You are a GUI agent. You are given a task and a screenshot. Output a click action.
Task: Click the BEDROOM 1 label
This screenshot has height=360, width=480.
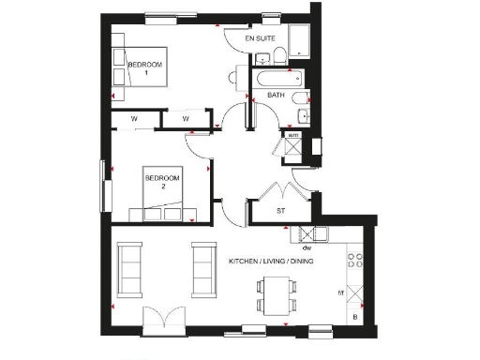[145, 67]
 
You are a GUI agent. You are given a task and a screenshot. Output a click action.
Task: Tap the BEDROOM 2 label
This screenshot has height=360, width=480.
[156, 181]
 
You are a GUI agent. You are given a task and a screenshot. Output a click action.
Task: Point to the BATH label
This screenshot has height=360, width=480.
[276, 96]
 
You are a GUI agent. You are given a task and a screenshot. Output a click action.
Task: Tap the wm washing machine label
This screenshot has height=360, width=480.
[292, 136]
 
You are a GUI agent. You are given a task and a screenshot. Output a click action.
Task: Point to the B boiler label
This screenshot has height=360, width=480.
[354, 318]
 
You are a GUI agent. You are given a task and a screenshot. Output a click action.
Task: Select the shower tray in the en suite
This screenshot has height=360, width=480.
[300, 40]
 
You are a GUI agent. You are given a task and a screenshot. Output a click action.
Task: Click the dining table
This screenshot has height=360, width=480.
[276, 294]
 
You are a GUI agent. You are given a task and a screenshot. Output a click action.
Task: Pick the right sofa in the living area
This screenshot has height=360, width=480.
[203, 267]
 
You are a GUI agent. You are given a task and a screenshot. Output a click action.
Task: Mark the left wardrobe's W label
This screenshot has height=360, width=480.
[135, 119]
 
